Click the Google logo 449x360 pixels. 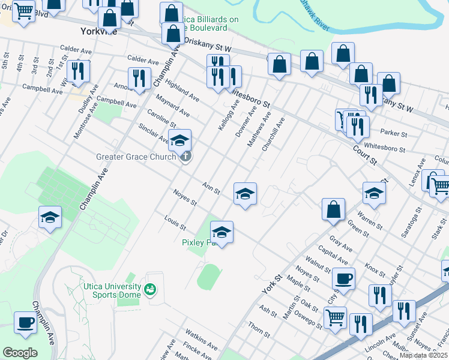pyautogui.click(x=20, y=353)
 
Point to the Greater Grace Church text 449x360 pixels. pyautogui.click(x=136, y=157)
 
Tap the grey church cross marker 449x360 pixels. pyautogui.click(x=186, y=157)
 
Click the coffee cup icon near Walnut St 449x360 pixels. pyautogui.click(x=344, y=278)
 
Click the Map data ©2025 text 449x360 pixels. pyautogui.click(x=424, y=355)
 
